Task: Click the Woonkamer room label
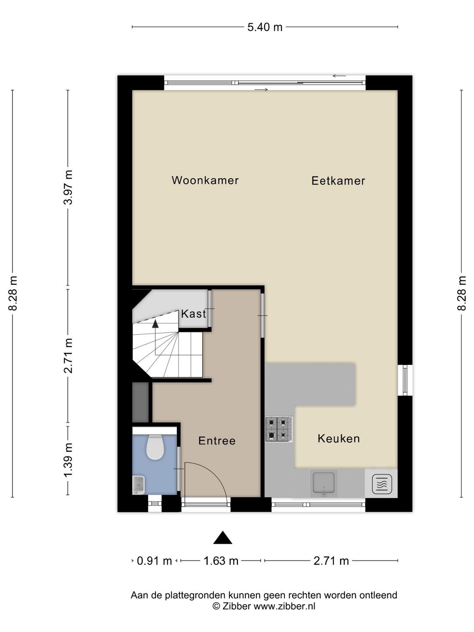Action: pos(205,180)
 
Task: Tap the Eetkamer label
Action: pos(338,181)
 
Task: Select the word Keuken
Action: pos(339,438)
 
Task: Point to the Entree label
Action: pos(217,441)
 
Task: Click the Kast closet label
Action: pos(194,314)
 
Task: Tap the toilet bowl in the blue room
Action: pos(155,447)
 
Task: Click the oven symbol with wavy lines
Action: pos(382,484)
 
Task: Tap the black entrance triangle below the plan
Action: pos(223,538)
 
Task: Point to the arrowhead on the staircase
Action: pos(155,324)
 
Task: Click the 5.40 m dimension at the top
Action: pos(265,27)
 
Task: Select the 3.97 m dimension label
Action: pos(68,187)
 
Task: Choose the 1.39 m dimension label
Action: pos(68,460)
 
